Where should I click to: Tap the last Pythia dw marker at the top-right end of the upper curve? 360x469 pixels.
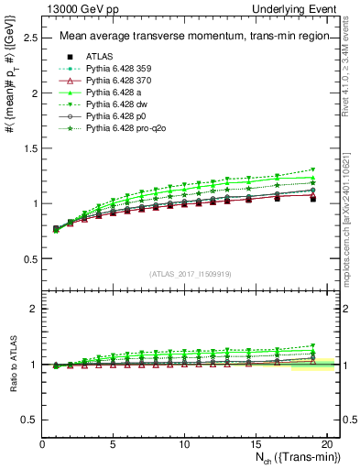pyautogui.click(x=312, y=169)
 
